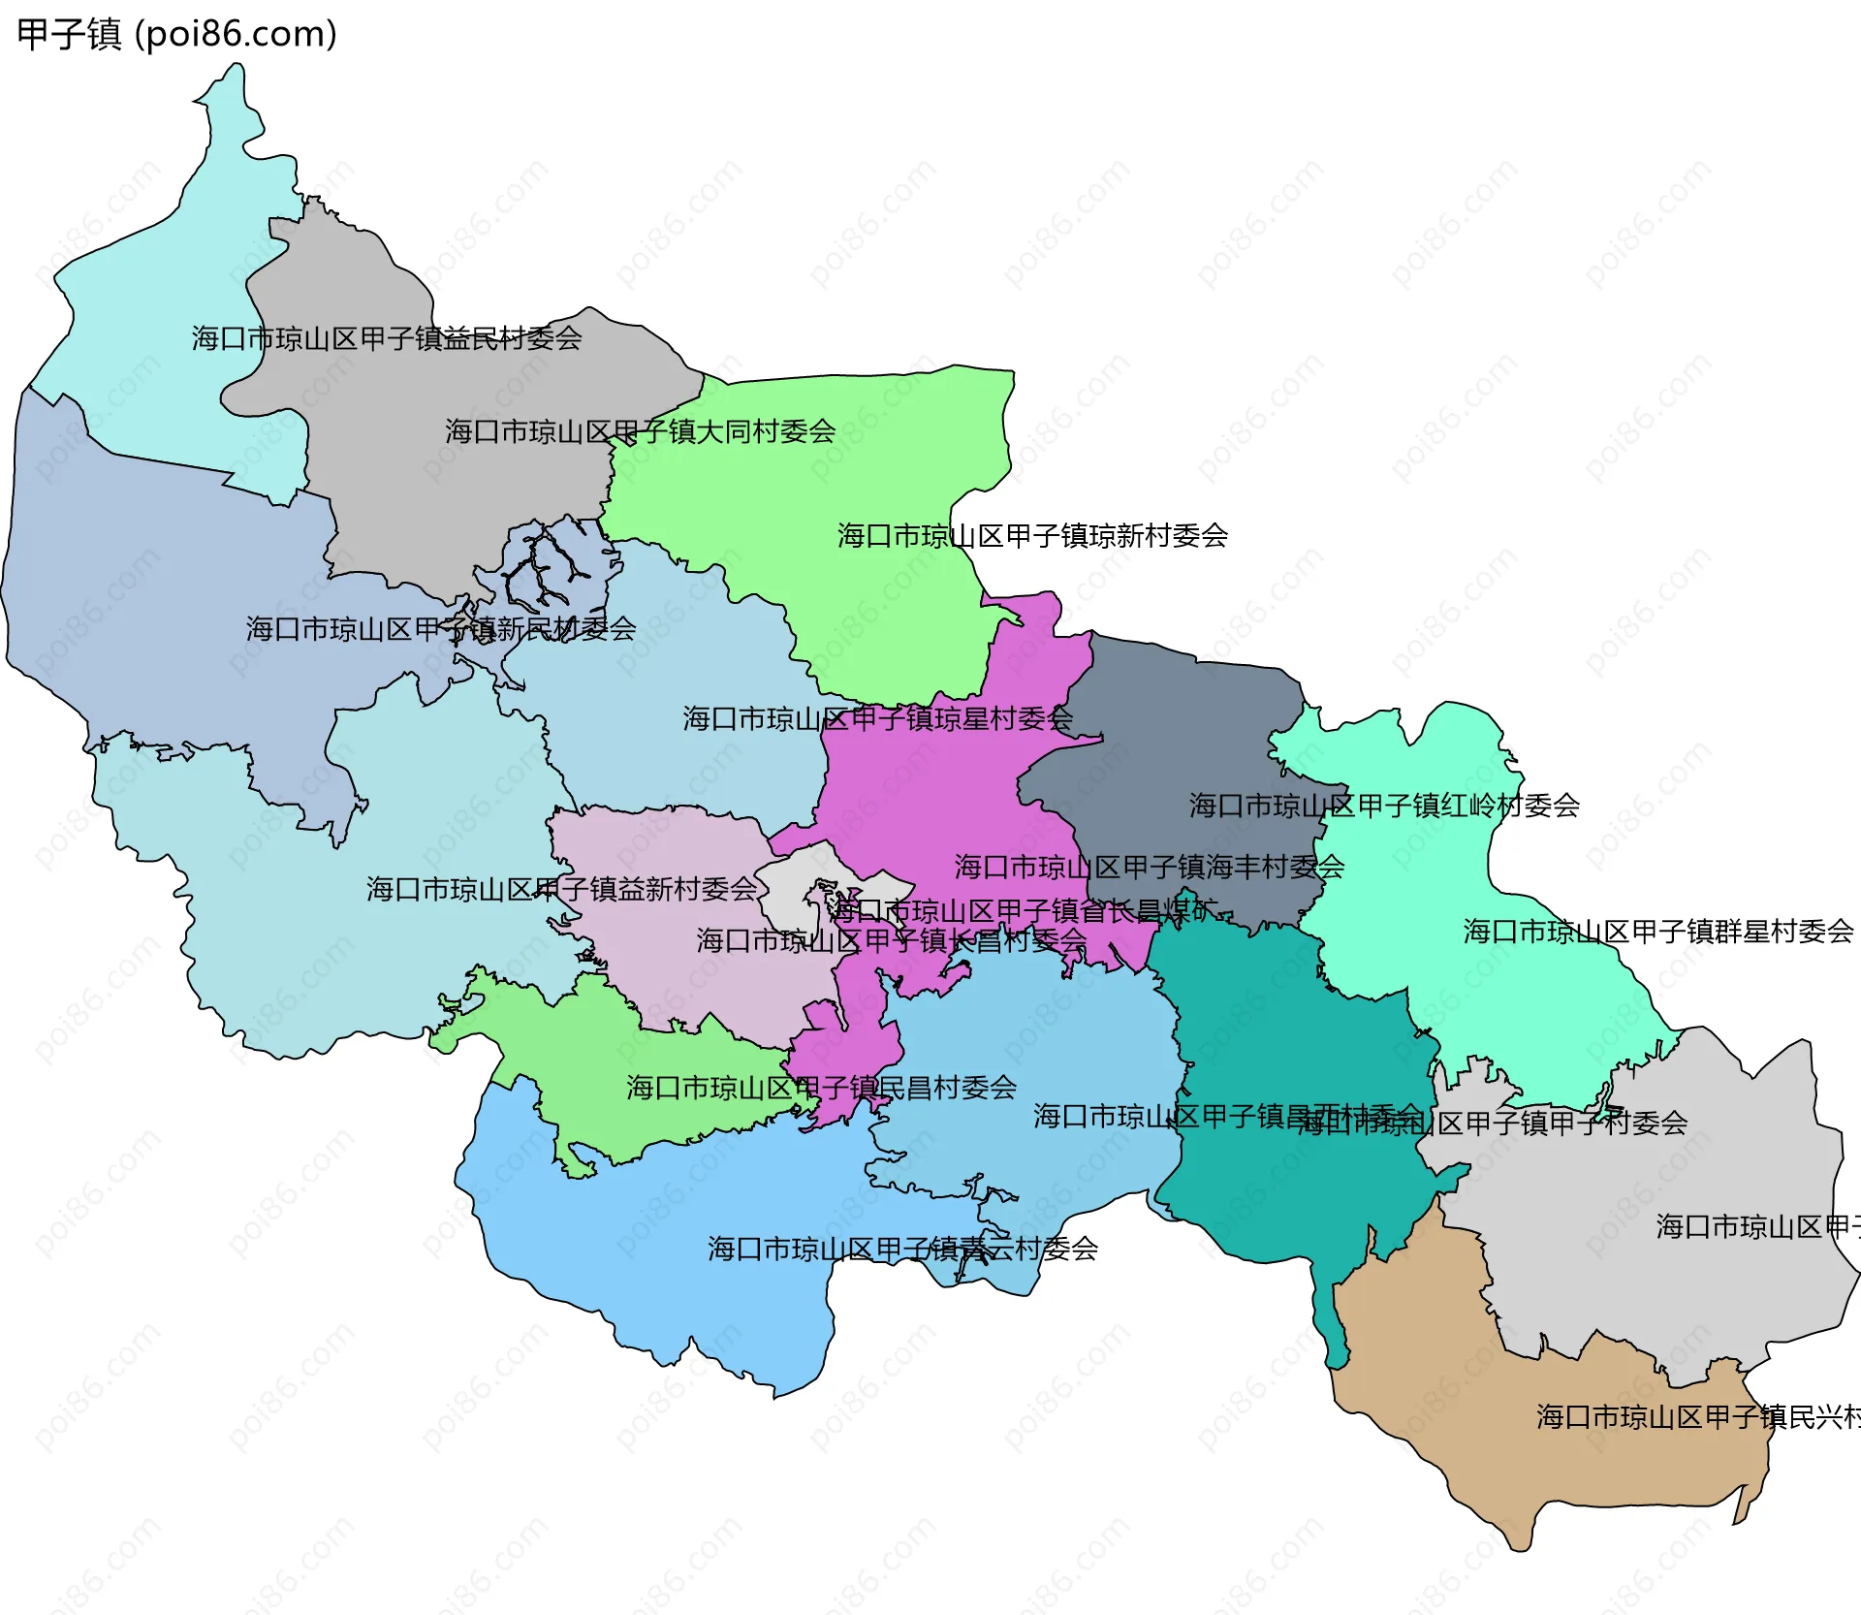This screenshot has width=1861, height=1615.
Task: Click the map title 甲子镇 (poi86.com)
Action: click(x=177, y=34)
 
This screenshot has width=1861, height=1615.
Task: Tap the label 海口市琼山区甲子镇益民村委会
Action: click(x=386, y=338)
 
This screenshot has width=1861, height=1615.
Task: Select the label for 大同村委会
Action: click(x=640, y=431)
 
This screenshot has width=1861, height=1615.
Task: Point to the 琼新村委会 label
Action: click(x=1032, y=535)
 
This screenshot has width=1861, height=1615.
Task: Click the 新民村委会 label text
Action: click(x=440, y=629)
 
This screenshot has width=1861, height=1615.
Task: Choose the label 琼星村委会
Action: click(x=877, y=718)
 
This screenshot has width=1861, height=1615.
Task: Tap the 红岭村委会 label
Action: click(x=1384, y=805)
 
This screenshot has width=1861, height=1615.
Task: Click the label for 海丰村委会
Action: click(x=1149, y=867)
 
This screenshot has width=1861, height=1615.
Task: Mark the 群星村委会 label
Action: click(x=1657, y=932)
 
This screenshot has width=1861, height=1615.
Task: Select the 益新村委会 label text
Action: click(x=561, y=889)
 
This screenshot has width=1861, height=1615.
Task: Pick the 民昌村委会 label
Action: click(x=821, y=1088)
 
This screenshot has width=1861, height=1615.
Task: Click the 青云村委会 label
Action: click(x=902, y=1249)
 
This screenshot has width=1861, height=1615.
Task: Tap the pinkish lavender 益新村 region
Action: click(x=678, y=969)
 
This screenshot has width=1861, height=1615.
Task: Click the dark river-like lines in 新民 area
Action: click(x=548, y=572)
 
